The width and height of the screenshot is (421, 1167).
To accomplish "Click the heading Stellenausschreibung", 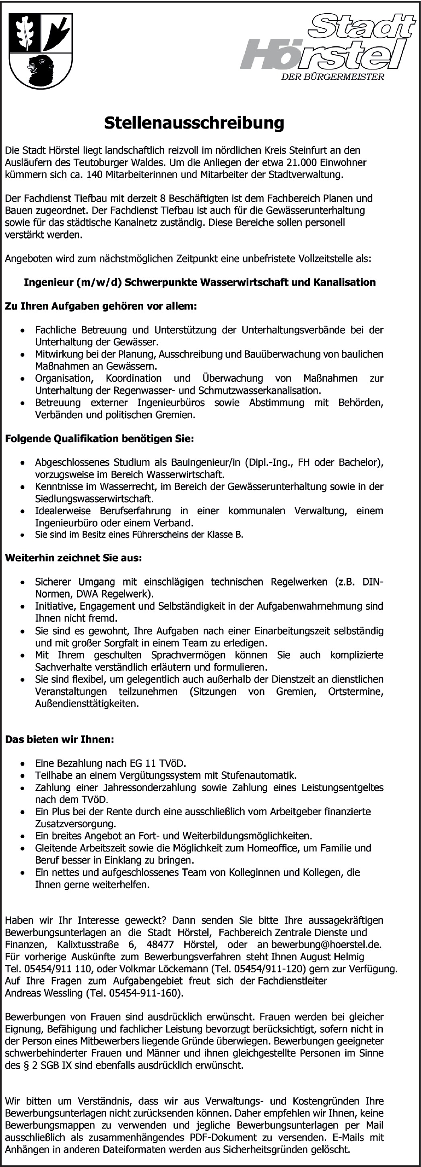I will (x=194, y=123).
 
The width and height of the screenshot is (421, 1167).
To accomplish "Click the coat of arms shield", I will (x=41, y=50).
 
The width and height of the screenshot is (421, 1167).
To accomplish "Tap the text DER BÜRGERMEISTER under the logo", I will (x=333, y=77).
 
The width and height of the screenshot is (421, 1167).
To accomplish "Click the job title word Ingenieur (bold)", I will (x=49, y=282).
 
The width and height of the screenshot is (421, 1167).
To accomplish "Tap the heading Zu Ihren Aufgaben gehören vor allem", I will (x=101, y=306).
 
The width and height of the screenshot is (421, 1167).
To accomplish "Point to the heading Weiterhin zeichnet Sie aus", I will (x=73, y=558).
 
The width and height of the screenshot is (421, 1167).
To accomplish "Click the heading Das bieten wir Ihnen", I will (x=59, y=739).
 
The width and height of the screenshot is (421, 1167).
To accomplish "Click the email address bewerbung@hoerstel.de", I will (x=326, y=945).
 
